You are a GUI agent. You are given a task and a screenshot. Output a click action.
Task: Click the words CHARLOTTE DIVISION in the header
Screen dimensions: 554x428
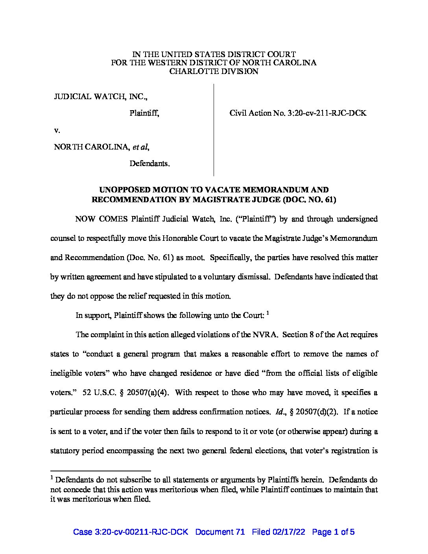(x=214, y=71)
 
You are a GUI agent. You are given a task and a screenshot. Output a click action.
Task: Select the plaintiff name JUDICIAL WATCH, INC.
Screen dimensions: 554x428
(x=101, y=96)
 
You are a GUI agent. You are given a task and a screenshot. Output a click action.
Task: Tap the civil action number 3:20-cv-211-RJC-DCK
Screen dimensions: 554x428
(x=328, y=113)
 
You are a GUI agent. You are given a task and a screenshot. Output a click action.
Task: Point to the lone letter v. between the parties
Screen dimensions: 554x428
(x=56, y=130)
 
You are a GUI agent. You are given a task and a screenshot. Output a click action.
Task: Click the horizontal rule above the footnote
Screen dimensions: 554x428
(x=101, y=471)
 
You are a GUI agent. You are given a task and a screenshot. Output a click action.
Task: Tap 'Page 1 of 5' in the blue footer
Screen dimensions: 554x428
(x=333, y=532)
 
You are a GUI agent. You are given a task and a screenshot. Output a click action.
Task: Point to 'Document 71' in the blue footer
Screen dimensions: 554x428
(x=220, y=532)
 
